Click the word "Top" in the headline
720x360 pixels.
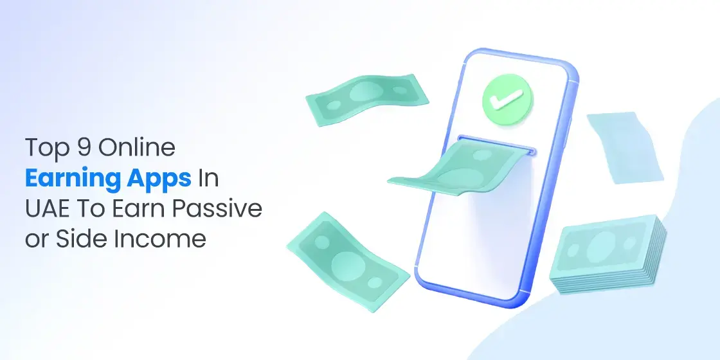pos(44,148)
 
